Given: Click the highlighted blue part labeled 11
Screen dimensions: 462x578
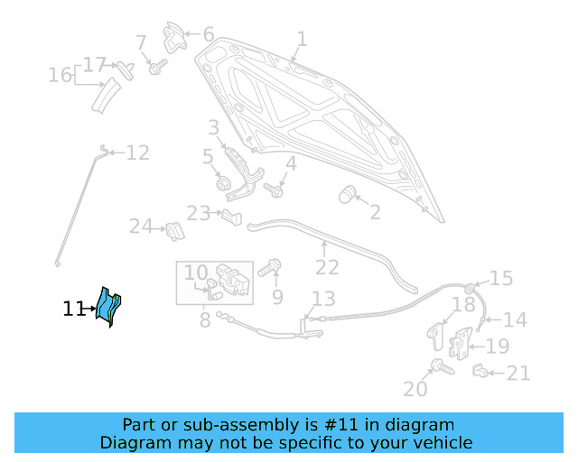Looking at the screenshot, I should coord(110,307).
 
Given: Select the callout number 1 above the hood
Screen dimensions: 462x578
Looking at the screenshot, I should coord(302,40).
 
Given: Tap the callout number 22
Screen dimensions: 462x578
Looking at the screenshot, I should coord(327,268).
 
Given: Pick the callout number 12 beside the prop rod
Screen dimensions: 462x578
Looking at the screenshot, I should coord(137,153).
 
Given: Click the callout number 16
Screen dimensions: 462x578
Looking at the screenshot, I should coord(61,75).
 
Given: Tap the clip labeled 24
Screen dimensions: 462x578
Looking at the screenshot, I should coord(173,231).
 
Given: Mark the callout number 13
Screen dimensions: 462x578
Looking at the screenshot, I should coord(323,299).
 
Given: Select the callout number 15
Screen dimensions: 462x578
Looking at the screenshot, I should coord(501,278).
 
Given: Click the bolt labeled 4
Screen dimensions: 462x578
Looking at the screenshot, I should coord(275,190).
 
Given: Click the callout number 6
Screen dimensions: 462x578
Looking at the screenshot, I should coord(209,35).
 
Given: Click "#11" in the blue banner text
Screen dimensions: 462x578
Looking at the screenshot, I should coord(330,425).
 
